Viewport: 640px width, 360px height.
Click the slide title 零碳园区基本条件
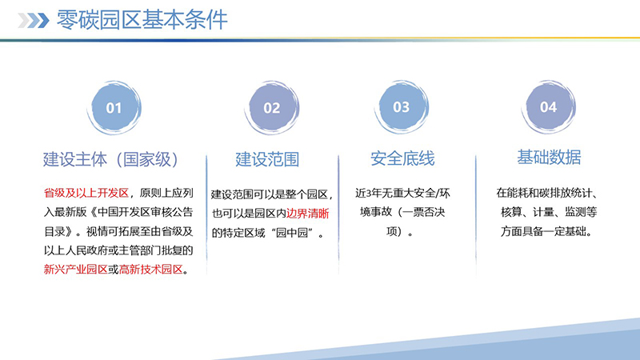(143, 20)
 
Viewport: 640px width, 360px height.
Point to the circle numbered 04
(548, 107)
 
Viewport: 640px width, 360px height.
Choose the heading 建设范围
(267, 158)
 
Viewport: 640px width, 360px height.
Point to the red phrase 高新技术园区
(150, 270)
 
